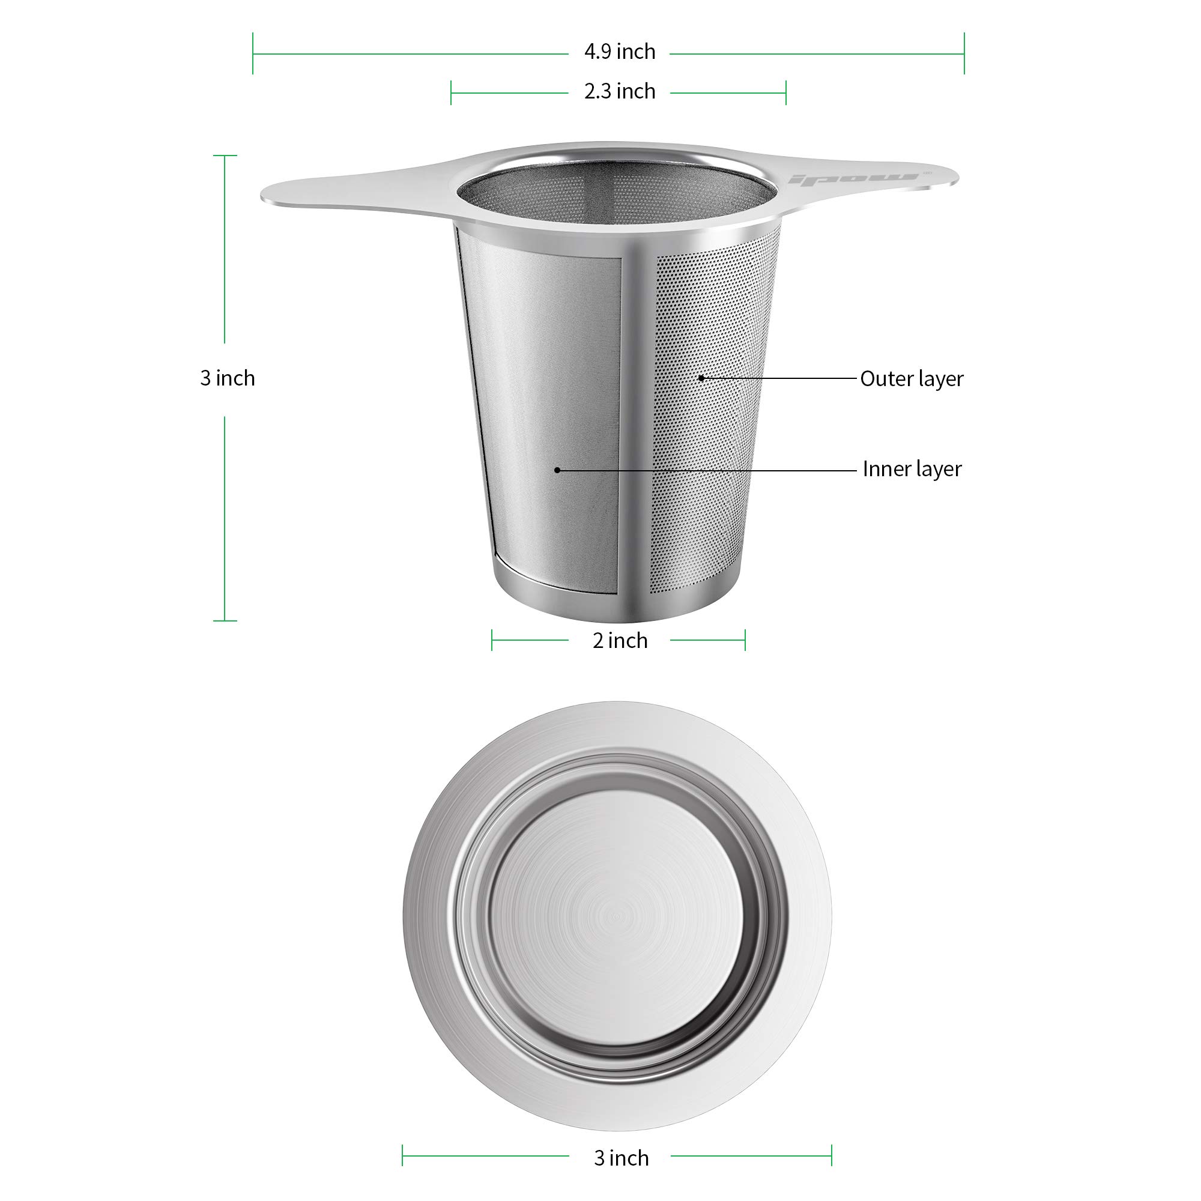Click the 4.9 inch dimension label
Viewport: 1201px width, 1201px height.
620,52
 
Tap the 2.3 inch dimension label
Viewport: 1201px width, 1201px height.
620,91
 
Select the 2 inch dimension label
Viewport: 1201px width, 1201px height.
620,640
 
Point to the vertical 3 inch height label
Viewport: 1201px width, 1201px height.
228,378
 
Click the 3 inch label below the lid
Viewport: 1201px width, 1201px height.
621,1158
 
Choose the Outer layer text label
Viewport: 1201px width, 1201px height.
912,378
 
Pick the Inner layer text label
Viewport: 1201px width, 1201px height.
912,469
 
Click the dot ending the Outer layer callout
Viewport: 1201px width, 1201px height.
701,377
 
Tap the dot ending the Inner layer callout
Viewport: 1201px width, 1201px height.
557,470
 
